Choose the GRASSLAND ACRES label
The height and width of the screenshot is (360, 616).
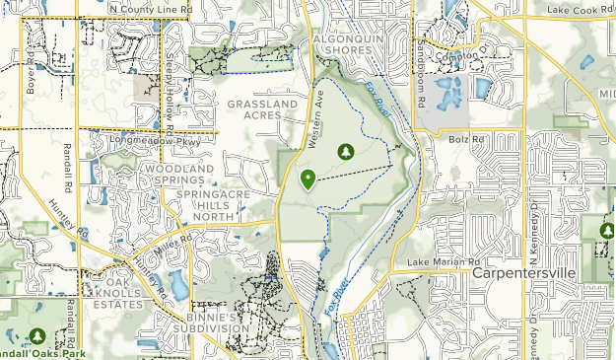[261, 108]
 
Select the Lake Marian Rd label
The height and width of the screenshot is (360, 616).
[439, 261]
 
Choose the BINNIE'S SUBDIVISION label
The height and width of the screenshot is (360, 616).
[205, 324]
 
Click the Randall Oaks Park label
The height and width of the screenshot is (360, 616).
[39, 353]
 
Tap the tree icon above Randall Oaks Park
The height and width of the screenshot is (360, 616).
[37, 336]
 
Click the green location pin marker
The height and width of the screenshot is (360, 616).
[308, 179]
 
